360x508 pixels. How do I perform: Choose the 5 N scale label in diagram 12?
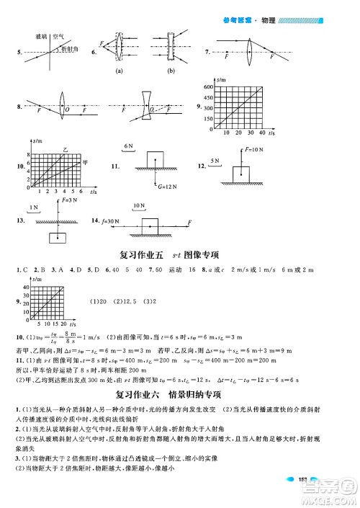[214, 160]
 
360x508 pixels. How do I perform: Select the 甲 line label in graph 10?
[84, 160]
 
